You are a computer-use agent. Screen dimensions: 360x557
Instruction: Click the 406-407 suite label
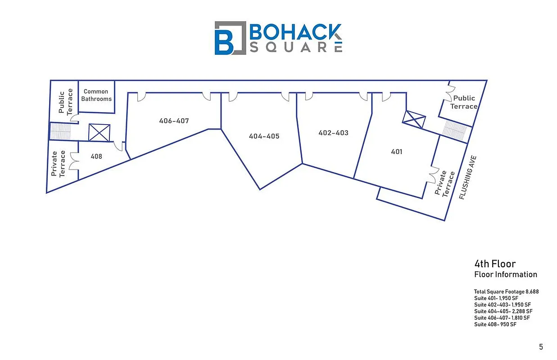click(x=174, y=121)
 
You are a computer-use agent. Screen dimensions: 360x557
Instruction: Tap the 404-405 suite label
click(x=264, y=136)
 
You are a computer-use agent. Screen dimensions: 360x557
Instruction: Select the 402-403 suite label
click(x=333, y=133)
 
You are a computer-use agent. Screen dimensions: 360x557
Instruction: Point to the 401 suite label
click(x=396, y=152)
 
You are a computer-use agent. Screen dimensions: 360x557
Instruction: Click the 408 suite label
click(x=96, y=157)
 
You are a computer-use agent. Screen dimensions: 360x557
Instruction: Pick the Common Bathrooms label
click(x=96, y=95)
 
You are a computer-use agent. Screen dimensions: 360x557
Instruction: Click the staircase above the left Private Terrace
click(x=60, y=131)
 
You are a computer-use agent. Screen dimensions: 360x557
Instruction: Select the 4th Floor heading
click(x=495, y=264)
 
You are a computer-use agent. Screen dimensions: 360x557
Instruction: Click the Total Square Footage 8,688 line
click(x=506, y=292)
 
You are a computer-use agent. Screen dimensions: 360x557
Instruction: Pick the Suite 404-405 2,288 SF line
click(x=503, y=311)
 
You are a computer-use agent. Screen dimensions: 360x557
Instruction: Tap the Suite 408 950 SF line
click(x=495, y=324)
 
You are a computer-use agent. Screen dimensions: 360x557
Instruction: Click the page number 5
click(x=541, y=346)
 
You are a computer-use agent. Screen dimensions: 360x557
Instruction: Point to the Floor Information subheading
click(x=506, y=274)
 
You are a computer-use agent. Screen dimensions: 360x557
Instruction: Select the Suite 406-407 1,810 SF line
click(x=503, y=318)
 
